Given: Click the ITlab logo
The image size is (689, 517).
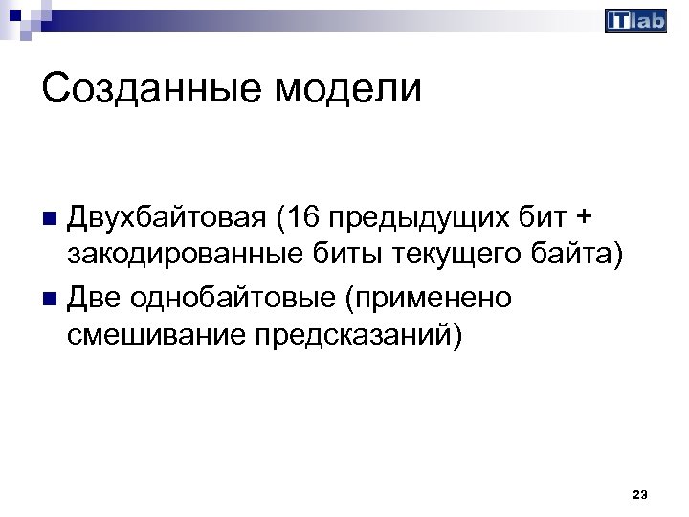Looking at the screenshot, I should [636, 21].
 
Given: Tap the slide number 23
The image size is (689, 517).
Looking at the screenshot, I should [640, 494].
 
